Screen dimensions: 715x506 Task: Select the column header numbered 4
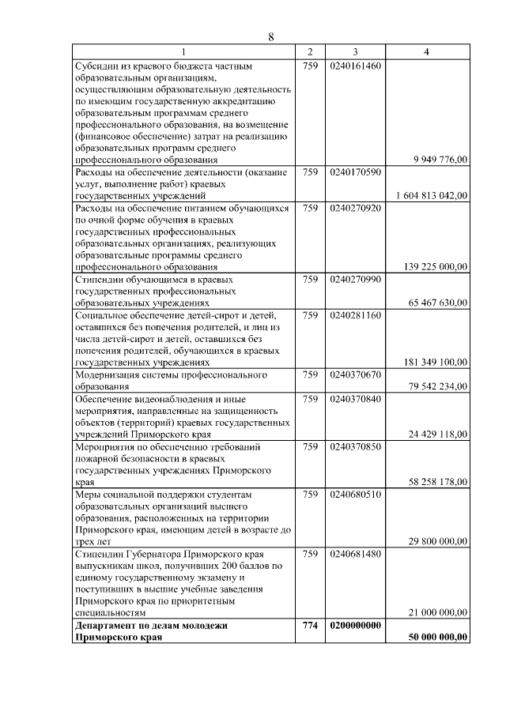pos(427,51)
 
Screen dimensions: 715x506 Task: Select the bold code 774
pos(310,625)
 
